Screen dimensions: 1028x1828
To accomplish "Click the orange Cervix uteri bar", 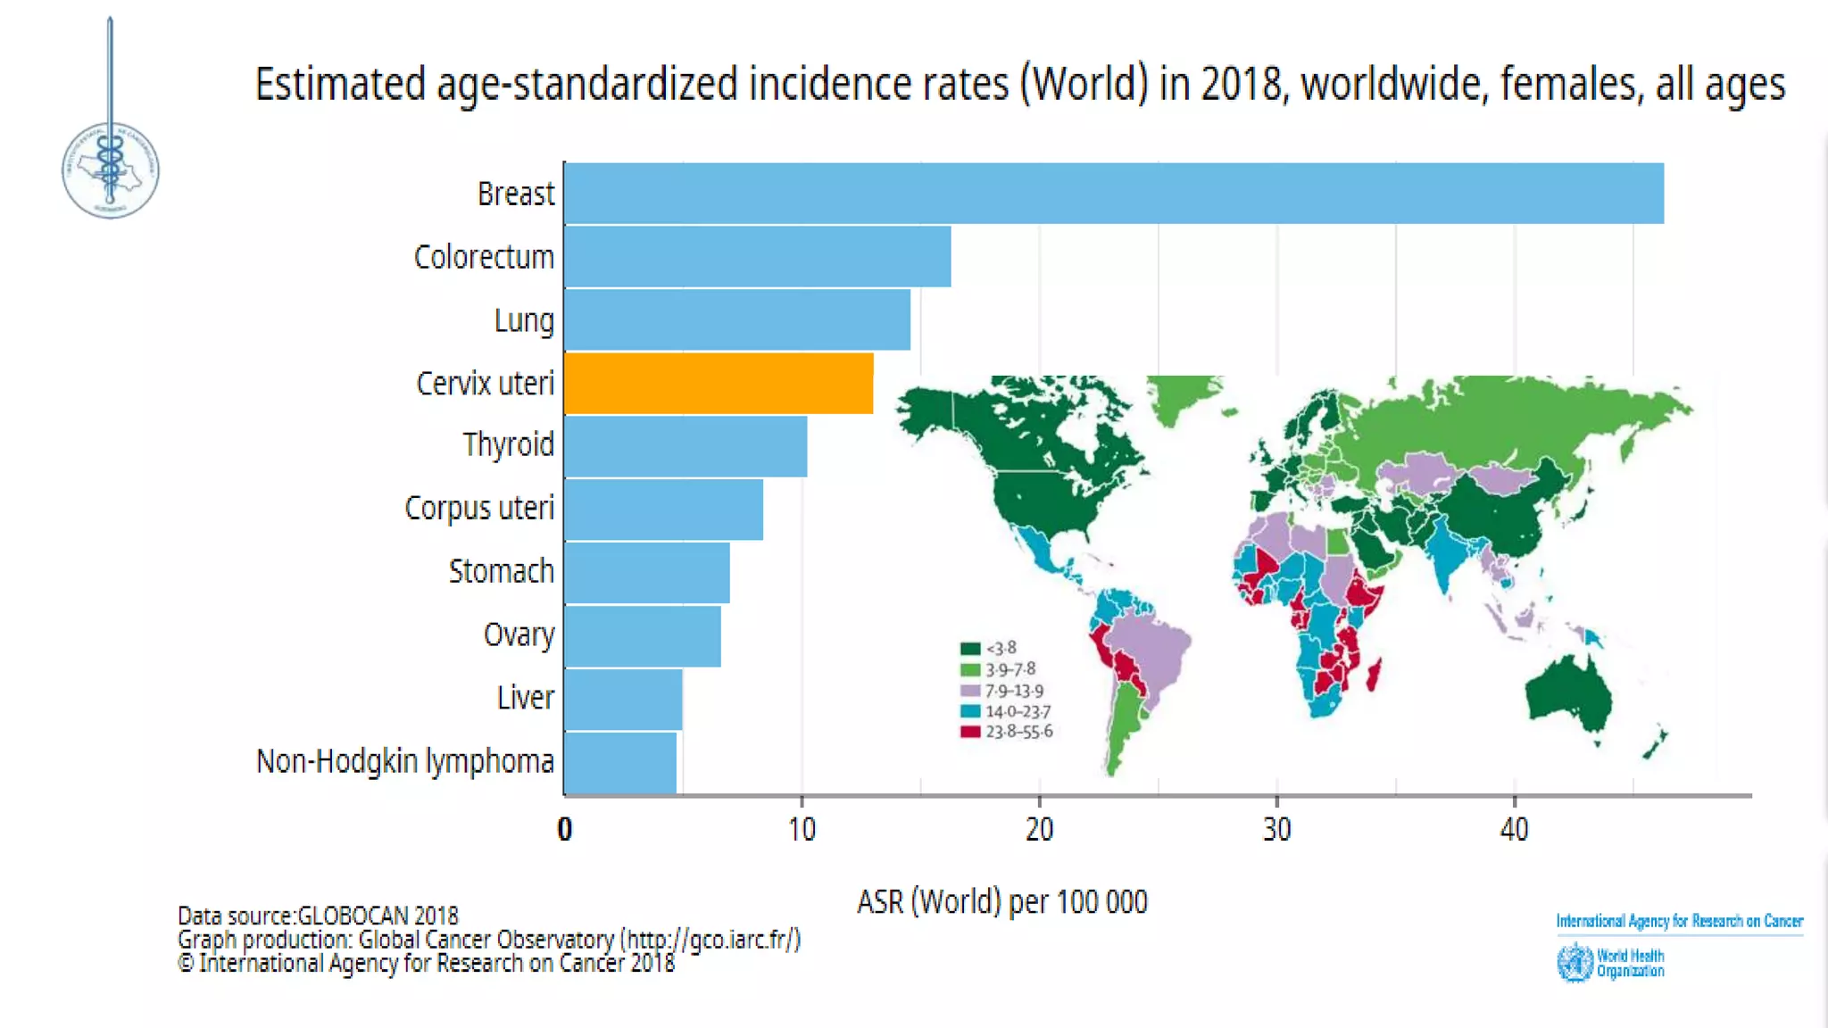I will (719, 383).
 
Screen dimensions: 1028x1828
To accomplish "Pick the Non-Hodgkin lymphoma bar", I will (620, 762).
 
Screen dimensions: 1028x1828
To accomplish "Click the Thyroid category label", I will (508, 444).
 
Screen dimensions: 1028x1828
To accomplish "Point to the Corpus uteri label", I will (479, 508).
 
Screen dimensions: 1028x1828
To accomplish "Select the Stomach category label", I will (501, 571).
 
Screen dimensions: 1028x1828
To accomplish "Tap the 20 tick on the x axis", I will (1039, 830).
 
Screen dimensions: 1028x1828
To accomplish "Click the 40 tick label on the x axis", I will (1514, 830).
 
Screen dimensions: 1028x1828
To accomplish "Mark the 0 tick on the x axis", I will (564, 830).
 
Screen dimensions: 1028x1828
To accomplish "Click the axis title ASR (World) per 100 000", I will (1001, 901).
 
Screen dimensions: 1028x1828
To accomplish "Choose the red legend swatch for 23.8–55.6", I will (970, 732).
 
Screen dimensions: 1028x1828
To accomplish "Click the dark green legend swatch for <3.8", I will (970, 648).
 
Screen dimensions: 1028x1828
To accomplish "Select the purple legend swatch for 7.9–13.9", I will (970, 691).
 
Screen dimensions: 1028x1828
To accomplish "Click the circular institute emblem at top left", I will (111, 170).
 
